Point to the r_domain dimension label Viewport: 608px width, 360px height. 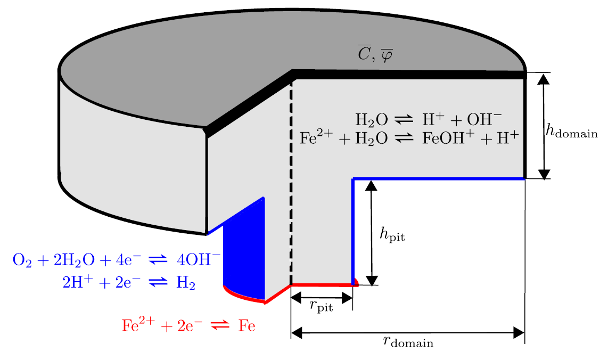[408, 342]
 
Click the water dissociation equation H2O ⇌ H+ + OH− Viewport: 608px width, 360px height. [429, 118]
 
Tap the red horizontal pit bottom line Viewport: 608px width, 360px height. [322, 285]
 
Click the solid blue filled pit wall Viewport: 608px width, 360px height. [245, 250]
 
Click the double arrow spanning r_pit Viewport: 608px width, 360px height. [322, 297]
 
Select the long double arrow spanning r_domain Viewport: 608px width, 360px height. [408, 333]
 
